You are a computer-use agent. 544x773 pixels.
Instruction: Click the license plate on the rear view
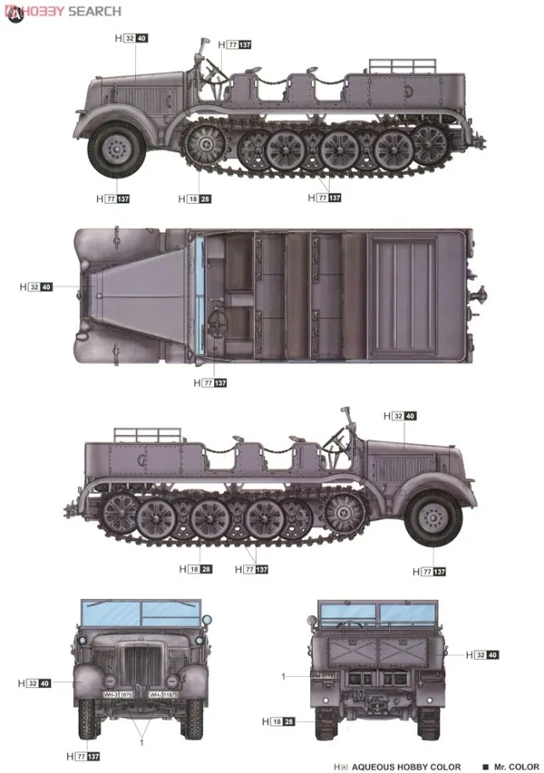click(x=323, y=676)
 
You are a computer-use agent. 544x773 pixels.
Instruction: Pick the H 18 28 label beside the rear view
click(x=279, y=721)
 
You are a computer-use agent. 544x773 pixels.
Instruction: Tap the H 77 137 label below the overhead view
click(x=211, y=383)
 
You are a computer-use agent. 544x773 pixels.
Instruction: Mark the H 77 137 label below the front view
click(x=84, y=755)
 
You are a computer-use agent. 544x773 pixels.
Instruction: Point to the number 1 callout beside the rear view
click(x=283, y=676)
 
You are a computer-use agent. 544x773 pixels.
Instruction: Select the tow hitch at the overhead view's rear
click(x=484, y=296)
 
